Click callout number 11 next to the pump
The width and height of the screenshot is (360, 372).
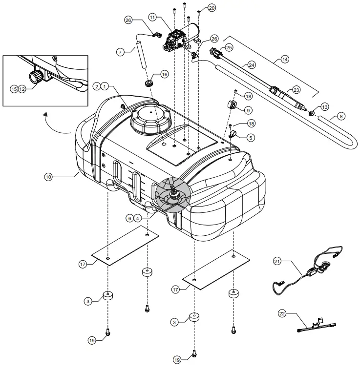(x=152, y=18)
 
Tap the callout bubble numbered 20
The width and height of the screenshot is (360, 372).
(x=212, y=8)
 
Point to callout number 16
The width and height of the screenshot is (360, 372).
(x=164, y=75)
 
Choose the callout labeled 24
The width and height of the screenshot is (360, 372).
(x=251, y=64)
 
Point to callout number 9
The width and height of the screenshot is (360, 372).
(x=248, y=110)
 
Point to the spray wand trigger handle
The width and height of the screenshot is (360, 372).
(x=276, y=92)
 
